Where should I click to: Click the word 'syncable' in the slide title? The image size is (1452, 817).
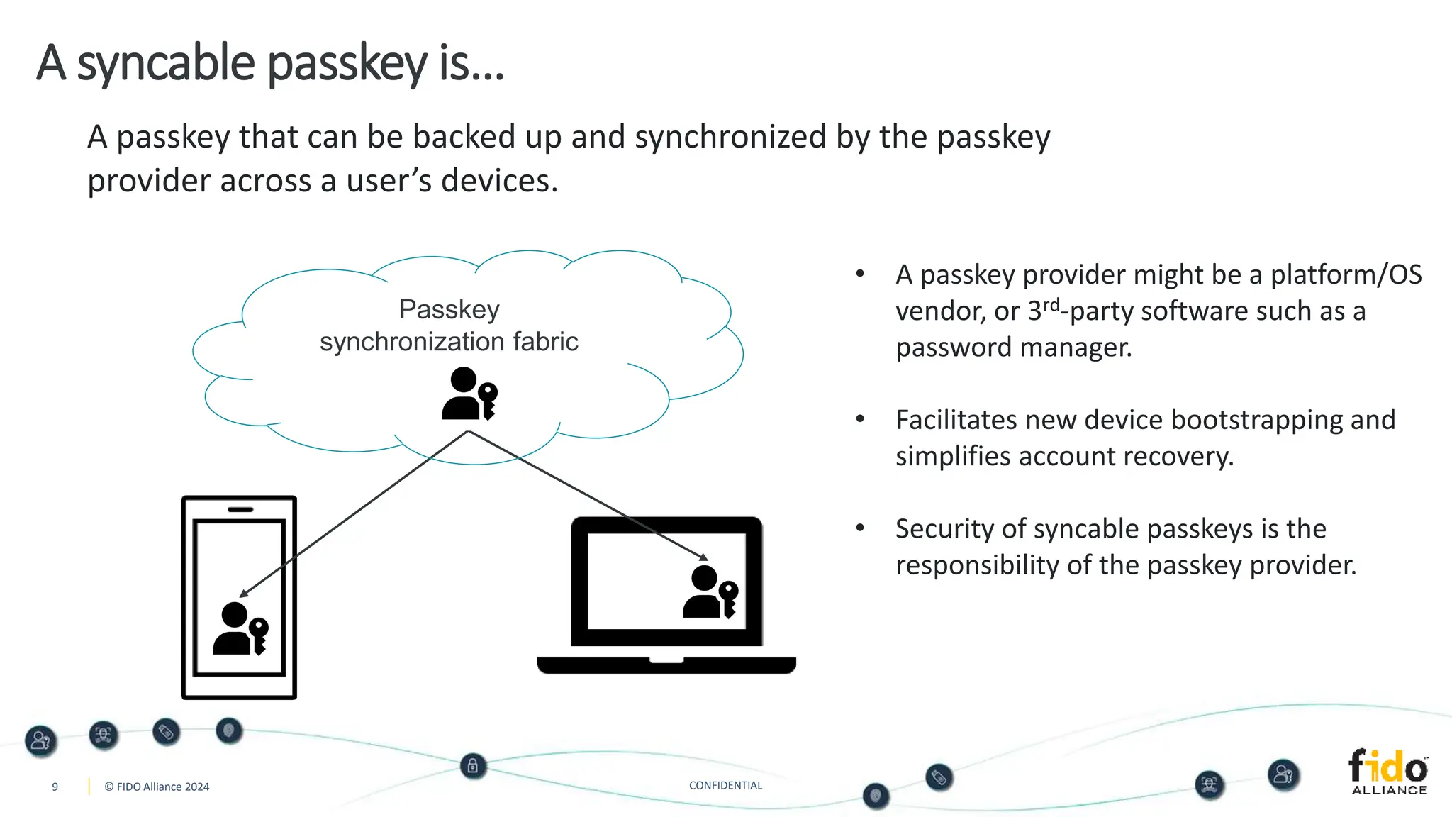[165, 64]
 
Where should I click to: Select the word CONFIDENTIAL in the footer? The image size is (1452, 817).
[725, 785]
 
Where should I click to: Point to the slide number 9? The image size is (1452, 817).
[55, 787]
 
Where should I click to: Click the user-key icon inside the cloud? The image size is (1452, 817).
[469, 394]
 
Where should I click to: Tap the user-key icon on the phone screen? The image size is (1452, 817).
[240, 628]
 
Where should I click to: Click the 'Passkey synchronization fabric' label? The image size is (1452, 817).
[449, 326]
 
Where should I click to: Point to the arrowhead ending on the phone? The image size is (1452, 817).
[244, 593]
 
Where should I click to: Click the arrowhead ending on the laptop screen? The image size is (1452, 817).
[703, 557]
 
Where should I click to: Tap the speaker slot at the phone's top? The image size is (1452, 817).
[240, 509]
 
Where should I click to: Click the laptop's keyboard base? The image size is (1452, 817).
[666, 665]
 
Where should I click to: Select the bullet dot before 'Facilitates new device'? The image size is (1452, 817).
[860, 419]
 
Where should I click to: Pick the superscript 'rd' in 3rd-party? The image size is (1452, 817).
[1051, 305]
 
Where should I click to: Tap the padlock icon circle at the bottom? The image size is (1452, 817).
[473, 766]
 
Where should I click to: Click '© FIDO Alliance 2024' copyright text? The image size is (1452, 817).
[157, 787]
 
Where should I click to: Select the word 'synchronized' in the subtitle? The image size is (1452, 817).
[730, 137]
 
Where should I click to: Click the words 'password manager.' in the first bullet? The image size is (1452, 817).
[1013, 348]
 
